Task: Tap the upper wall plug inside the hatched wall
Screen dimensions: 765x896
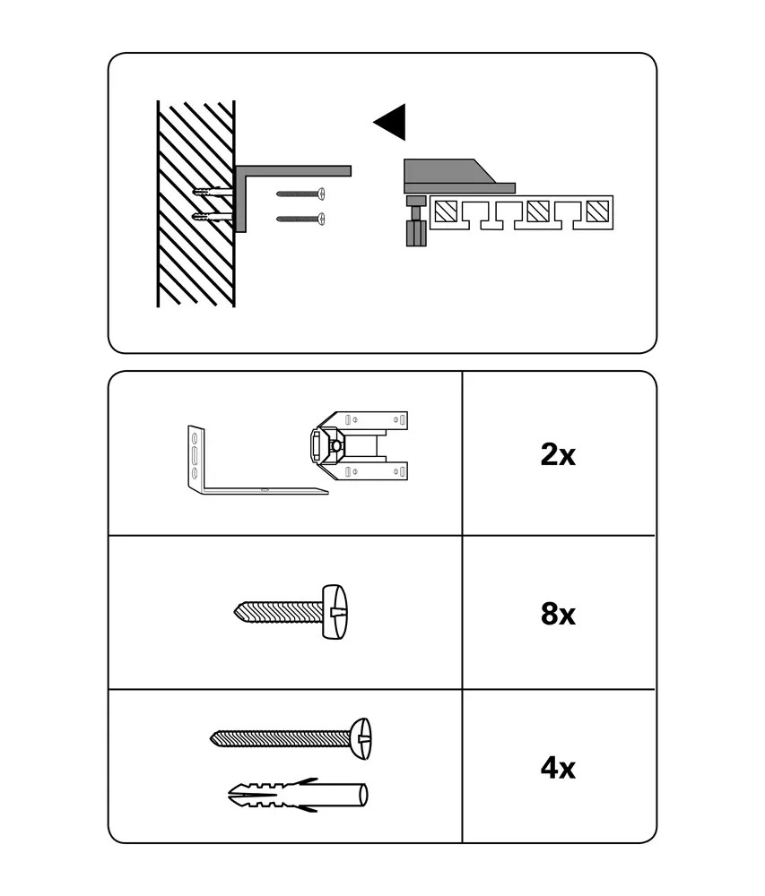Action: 213,192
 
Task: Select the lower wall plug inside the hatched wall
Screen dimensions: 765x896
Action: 213,217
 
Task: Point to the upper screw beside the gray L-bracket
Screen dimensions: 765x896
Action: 300,194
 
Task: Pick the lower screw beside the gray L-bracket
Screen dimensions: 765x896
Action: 300,219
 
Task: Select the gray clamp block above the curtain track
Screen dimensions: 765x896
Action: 459,176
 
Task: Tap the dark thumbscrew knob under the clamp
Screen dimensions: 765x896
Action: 417,233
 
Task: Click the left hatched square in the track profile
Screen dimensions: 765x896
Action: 445,212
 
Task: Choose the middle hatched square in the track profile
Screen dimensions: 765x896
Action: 538,212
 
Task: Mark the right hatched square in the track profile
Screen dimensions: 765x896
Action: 597,212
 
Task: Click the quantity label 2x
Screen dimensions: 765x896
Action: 558,455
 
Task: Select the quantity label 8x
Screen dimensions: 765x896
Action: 558,614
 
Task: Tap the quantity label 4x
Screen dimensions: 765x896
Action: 558,768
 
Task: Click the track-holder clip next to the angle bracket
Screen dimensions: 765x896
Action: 359,445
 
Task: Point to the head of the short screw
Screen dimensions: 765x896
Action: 335,611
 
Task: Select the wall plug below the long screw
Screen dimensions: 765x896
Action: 298,795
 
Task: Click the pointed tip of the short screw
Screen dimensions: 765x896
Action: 235,612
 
